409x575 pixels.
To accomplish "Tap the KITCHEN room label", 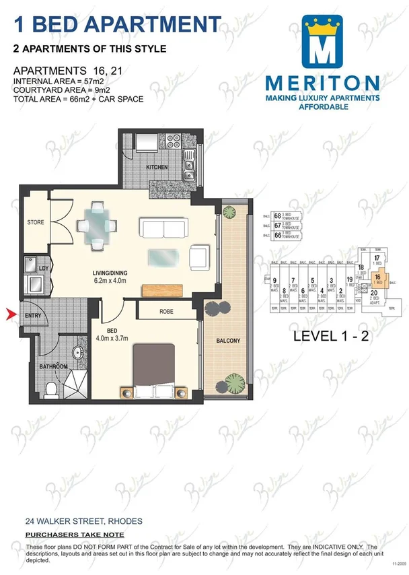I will tap(157, 167).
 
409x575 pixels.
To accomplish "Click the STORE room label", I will tap(35, 222).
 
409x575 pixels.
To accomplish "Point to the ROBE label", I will tap(167, 312).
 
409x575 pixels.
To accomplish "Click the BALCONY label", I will tap(229, 341).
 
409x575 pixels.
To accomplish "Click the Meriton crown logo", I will tap(326, 42).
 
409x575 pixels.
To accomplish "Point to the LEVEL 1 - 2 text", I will tap(331, 337).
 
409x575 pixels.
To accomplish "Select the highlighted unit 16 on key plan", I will tap(377, 277).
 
